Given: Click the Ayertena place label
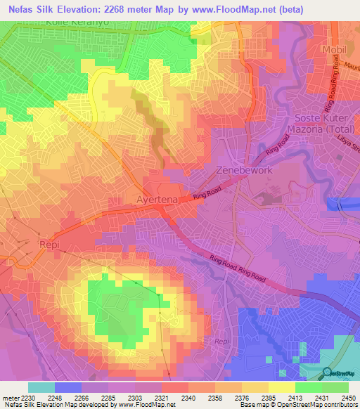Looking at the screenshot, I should tap(161, 200).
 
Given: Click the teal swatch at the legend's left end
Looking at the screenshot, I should tap(41, 387).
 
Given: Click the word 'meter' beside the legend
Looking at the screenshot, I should tap(9, 397).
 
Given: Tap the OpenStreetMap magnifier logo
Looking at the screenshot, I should tap(328, 372).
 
